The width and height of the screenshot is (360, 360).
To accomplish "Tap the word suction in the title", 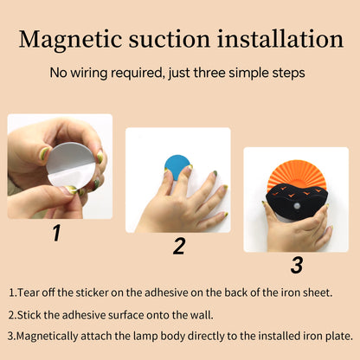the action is pos(170,39).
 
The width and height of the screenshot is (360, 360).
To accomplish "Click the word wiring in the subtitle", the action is pos(89,73).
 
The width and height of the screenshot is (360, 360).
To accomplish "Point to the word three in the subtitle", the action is pos(209,73).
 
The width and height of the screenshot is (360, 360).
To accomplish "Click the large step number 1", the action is pos(57,233).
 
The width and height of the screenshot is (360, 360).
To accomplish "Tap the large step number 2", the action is pos(179,246).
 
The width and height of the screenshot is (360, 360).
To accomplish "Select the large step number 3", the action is pos(297,265).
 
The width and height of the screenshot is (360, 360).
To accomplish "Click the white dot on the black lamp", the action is pos(297,206).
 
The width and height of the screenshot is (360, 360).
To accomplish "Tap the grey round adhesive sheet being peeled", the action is pos(71,165).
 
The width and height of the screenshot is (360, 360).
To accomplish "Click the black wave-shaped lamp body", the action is pos(297,202).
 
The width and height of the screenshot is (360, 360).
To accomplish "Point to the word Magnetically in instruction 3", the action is pos(47,337).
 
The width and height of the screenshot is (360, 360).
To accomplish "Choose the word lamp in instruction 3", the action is pos(145,337).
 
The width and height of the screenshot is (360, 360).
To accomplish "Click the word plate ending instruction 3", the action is pos(339,337).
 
